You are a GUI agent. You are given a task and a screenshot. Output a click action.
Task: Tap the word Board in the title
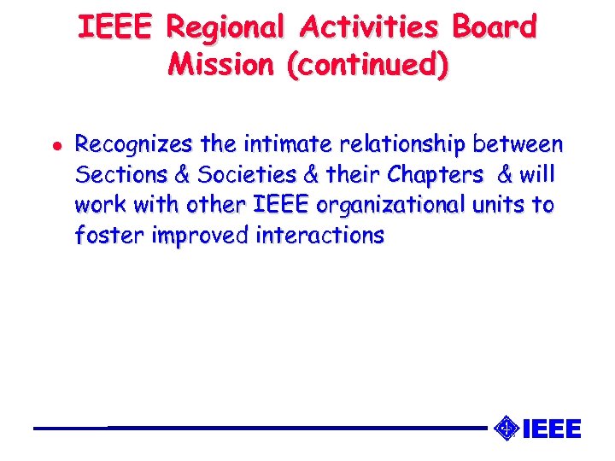tap(495, 28)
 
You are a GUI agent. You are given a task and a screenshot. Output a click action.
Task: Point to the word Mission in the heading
tap(224, 64)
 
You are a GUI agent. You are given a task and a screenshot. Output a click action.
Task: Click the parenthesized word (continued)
tap(367, 64)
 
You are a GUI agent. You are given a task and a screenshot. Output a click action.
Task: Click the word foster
tap(109, 236)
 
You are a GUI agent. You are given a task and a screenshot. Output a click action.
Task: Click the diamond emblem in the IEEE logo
tap(506, 428)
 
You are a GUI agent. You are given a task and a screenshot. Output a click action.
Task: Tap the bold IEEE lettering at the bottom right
tap(551, 429)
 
